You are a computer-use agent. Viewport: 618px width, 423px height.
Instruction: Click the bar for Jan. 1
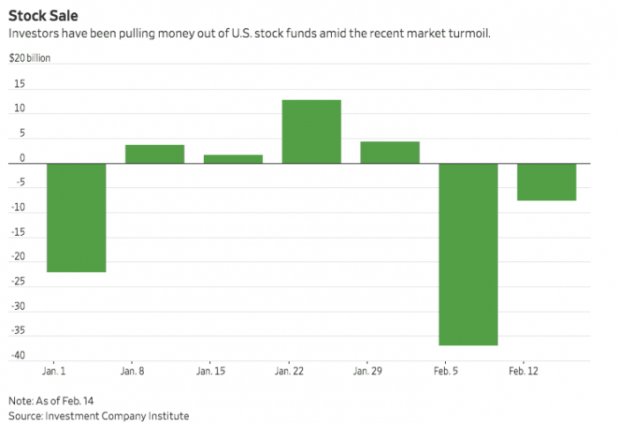pos(76,217)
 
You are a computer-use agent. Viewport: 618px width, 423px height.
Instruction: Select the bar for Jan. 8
pos(154,154)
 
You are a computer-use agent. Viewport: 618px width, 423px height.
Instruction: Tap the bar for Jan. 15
pos(233,159)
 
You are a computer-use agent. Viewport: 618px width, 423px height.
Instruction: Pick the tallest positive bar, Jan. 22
pos(312,132)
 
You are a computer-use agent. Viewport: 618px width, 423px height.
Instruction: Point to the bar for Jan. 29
pos(389,152)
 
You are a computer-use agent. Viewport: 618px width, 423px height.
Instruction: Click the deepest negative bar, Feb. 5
pos(468,254)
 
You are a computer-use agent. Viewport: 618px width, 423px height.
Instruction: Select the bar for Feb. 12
pos(546,182)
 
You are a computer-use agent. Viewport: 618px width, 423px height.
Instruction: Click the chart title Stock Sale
pos(42,15)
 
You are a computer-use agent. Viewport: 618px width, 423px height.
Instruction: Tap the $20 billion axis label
pos(31,59)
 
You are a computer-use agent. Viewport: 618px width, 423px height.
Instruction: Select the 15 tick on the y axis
pos(19,85)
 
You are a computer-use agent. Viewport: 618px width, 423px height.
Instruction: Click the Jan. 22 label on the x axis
pos(290,372)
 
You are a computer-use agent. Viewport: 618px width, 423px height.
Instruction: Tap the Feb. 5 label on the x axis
pos(445,372)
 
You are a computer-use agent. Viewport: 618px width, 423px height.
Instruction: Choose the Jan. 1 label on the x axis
pos(55,372)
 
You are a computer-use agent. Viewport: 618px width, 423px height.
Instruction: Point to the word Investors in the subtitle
pos(34,34)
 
